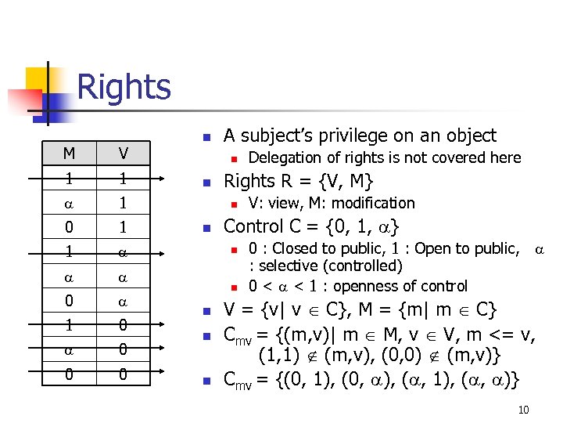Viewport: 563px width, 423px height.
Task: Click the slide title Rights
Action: tap(124, 86)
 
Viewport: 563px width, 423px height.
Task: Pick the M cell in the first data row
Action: tap(69, 178)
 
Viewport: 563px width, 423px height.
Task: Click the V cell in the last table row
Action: tap(122, 375)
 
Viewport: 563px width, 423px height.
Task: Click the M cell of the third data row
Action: tap(69, 227)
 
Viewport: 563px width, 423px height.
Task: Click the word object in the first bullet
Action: tap(469, 136)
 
